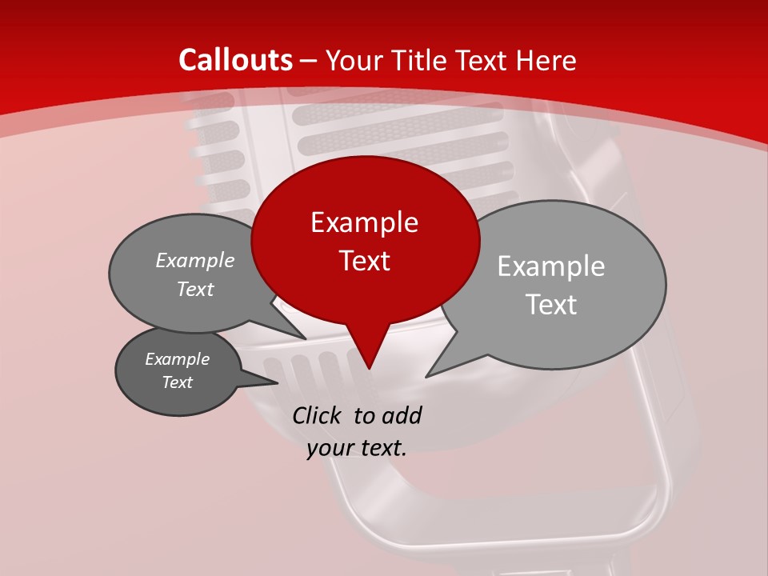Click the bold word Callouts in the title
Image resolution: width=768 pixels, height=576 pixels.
(x=235, y=61)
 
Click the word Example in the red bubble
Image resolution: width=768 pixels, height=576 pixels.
(x=364, y=222)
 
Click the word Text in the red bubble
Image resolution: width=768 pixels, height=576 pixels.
(x=364, y=261)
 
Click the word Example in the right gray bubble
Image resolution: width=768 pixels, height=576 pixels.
(x=551, y=266)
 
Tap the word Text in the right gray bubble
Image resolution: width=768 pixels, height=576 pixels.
(x=551, y=305)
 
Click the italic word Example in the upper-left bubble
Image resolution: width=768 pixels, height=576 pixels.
(x=195, y=261)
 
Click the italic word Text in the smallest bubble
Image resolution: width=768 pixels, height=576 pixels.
(x=178, y=382)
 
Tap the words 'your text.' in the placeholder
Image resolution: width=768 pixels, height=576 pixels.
(x=357, y=449)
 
